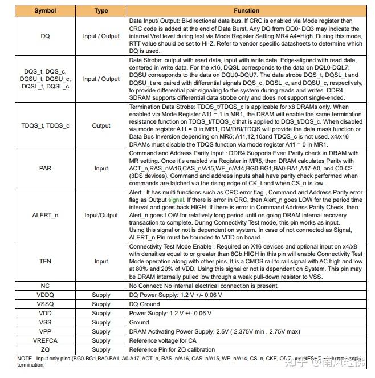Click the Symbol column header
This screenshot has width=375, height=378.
[x=45, y=10]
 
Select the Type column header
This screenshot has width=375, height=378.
[x=101, y=10]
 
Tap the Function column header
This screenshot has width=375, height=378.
[x=246, y=10]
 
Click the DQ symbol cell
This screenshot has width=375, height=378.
[x=45, y=36]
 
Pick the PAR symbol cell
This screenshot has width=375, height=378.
[x=45, y=168]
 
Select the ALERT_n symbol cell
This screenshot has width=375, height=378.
[x=45, y=215]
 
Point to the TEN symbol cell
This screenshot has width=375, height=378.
[x=45, y=261]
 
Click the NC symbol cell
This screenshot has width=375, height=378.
[x=45, y=285]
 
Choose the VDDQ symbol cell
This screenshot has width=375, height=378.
[x=45, y=295]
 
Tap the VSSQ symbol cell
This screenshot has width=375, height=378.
[x=45, y=304]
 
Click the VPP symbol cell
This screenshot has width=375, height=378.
[x=45, y=331]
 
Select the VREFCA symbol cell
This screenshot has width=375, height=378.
[x=45, y=340]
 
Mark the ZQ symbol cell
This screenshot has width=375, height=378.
[x=45, y=349]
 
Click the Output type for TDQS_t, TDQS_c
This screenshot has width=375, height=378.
[x=101, y=125]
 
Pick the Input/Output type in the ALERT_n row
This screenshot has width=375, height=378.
[x=101, y=215]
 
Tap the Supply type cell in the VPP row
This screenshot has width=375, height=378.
[x=101, y=331]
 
